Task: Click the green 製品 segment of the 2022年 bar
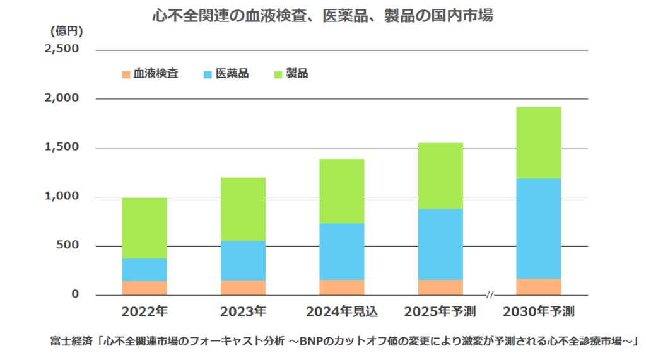(x=144, y=228)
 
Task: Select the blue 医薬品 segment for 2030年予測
(x=538, y=228)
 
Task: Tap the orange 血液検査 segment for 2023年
(x=243, y=287)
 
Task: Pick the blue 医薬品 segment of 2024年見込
(x=341, y=251)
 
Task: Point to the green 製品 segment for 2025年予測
(x=440, y=176)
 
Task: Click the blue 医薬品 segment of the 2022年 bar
(x=144, y=269)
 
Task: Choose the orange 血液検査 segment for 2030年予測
(x=538, y=287)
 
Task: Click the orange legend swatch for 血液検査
(x=126, y=74)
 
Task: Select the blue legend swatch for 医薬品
(x=208, y=74)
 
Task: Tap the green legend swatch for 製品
(x=278, y=74)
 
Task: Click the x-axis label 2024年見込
(x=341, y=311)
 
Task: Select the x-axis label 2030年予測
(x=538, y=311)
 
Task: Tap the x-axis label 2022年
(x=144, y=311)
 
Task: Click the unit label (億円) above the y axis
(x=66, y=30)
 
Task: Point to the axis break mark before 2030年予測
(x=490, y=294)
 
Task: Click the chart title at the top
(x=322, y=16)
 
